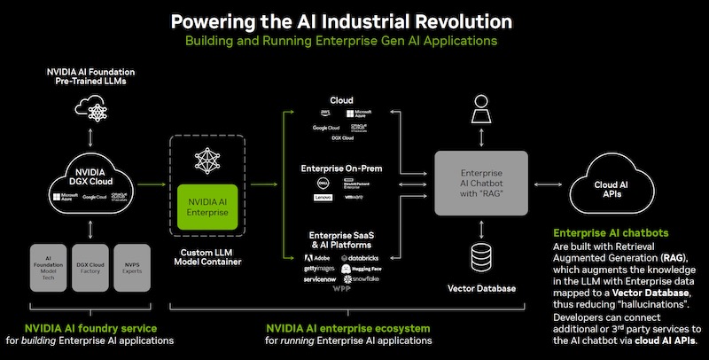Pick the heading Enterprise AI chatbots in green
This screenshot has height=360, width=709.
tap(610, 233)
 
